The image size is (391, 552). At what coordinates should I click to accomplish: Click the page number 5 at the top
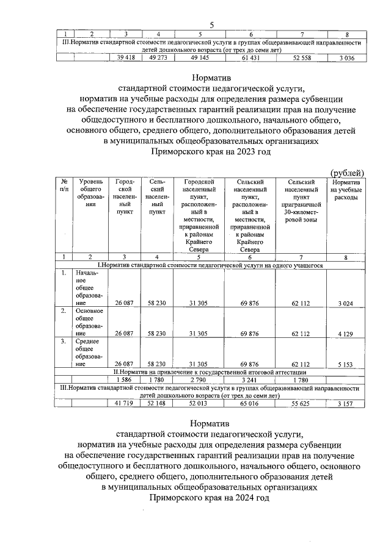coord(211,24)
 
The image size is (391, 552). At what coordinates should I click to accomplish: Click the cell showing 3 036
coord(346,57)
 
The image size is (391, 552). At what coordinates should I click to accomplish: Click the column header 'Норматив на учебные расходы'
coord(346,190)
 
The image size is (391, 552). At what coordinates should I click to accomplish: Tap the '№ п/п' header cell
coord(64,185)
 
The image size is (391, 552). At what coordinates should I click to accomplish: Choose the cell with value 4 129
coord(346,334)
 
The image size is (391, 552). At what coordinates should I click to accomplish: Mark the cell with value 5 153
coord(346,364)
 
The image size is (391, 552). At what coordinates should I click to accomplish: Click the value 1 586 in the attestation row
coord(125,379)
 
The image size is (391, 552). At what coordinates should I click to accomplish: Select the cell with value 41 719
coord(125,403)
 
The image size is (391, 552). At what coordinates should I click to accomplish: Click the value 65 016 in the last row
coord(250,403)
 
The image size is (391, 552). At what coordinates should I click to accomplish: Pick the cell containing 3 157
coord(346,403)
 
